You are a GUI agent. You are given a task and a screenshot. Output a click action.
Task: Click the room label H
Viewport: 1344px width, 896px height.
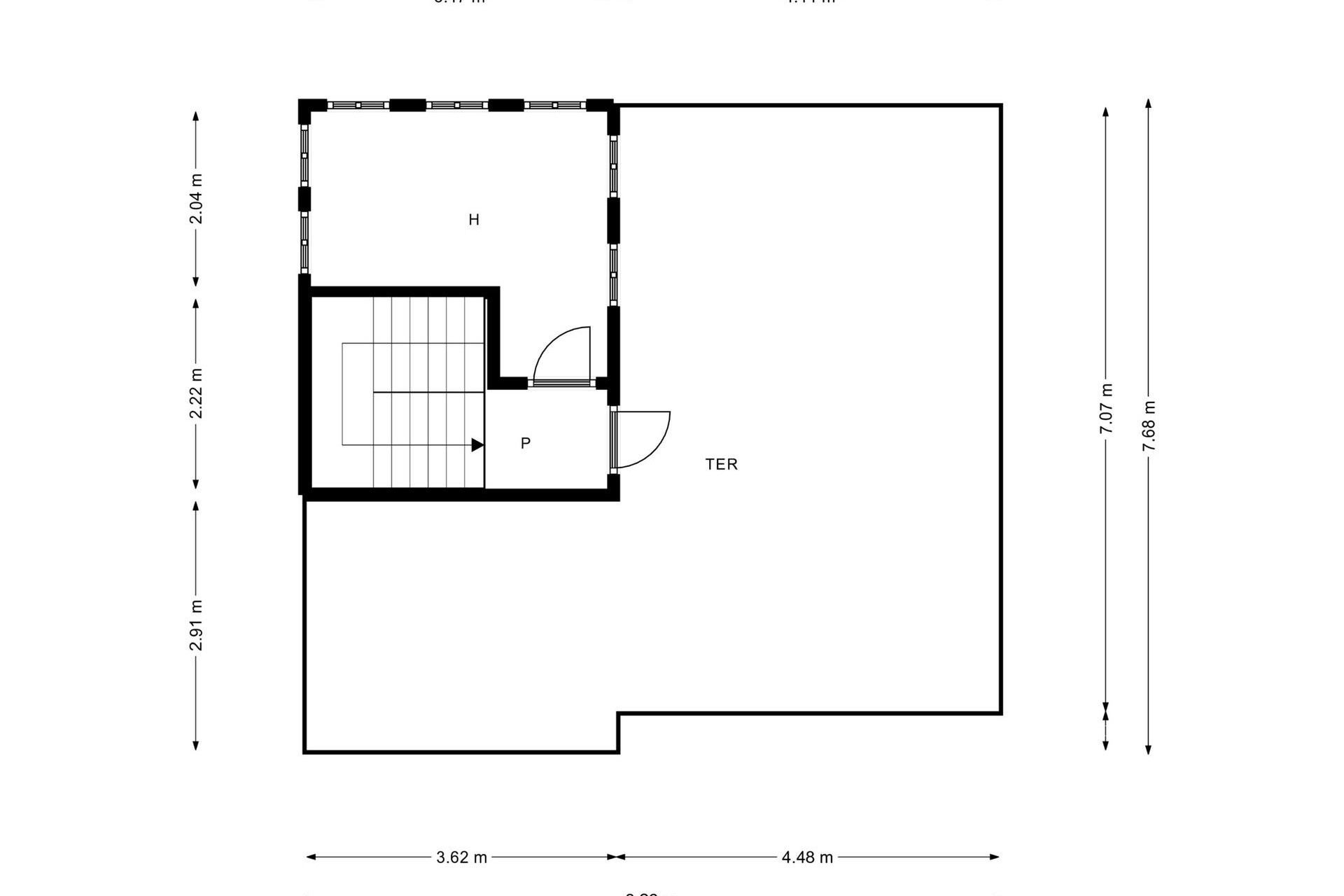tap(474, 220)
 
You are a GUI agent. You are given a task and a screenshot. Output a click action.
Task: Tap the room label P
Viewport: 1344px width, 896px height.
tap(526, 443)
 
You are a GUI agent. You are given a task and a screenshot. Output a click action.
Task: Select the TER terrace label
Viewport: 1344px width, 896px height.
tap(721, 464)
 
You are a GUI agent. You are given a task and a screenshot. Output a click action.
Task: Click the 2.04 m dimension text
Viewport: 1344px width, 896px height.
tap(197, 199)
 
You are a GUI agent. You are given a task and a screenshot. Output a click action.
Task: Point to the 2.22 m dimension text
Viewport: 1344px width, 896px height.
tap(197, 393)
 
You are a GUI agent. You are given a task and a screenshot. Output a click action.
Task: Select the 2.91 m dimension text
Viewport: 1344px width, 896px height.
tap(197, 625)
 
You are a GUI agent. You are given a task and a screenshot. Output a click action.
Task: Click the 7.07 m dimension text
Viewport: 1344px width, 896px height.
tap(1106, 409)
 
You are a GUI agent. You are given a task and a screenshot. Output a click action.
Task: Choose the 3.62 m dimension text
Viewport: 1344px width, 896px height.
tap(461, 857)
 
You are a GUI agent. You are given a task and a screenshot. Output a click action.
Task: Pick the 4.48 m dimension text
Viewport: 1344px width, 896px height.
tap(807, 857)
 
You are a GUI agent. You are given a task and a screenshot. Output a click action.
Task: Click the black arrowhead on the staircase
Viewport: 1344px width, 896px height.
tap(477, 444)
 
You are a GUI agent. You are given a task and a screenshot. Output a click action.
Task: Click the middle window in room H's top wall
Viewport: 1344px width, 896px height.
tap(456, 105)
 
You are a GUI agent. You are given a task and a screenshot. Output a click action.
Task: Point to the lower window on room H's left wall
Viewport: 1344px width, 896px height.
tap(304, 242)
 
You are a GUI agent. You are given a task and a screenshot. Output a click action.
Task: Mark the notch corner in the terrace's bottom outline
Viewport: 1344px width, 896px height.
tap(618, 714)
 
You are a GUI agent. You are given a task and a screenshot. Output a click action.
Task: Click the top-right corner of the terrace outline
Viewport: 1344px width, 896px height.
tap(1000, 106)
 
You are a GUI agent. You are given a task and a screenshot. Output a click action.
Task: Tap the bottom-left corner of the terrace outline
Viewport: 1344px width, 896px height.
tap(305, 752)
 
